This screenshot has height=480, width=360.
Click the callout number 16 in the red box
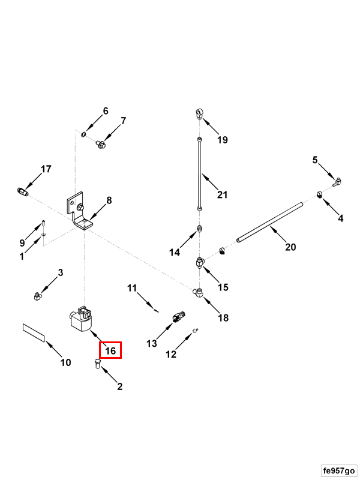click(110, 350)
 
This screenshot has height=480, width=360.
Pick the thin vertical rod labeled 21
click(199, 174)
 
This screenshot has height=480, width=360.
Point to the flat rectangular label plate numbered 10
click(34, 332)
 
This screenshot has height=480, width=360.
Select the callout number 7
click(124, 121)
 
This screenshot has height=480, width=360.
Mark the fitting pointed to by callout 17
click(22, 192)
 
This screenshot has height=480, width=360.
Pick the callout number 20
click(290, 247)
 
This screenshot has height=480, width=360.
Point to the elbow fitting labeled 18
click(198, 292)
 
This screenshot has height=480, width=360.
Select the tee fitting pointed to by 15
click(200, 263)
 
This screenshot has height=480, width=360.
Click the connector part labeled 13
click(178, 316)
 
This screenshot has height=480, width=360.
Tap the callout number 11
click(132, 288)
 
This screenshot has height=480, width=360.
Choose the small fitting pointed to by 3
click(37, 295)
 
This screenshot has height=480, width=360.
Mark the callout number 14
click(174, 253)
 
